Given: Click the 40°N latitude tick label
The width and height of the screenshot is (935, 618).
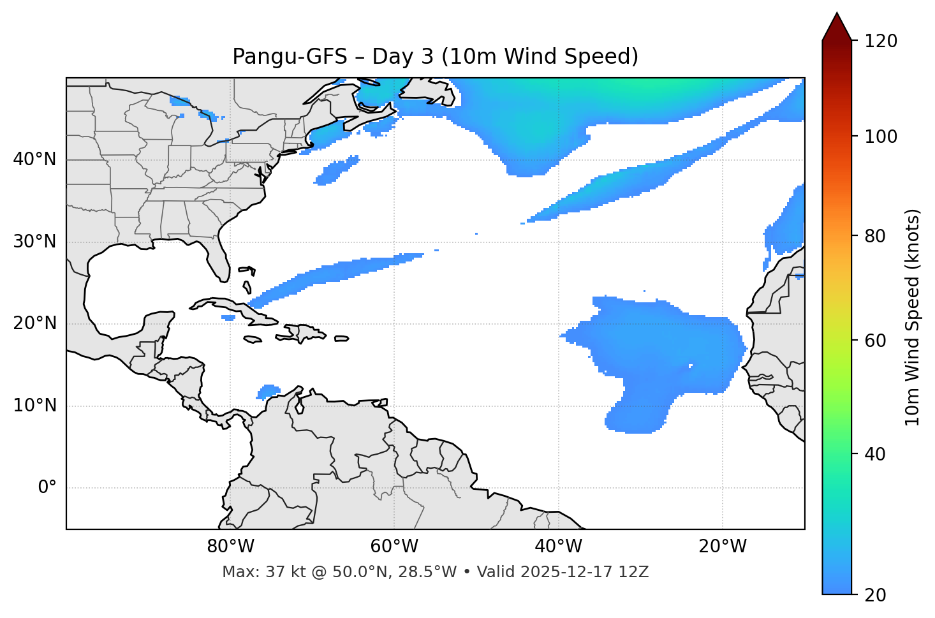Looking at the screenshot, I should click(34, 159).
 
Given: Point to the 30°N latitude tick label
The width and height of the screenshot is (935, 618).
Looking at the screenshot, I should click(34, 242).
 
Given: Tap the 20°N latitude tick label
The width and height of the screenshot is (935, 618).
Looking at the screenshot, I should click(34, 323).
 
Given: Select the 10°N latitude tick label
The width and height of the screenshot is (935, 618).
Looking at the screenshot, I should click(34, 406).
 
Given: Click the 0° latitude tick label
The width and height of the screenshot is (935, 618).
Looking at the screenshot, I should click(47, 488).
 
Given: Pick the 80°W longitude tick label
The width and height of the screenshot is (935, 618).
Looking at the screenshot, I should click(230, 547).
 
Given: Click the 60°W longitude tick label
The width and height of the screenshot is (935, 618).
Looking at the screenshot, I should click(394, 547).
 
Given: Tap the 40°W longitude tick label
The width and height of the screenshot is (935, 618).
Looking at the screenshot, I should click(558, 547).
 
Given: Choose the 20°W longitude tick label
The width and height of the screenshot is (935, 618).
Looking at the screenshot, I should click(722, 547).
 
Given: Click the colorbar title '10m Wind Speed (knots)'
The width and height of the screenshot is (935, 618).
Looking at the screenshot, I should click(913, 317).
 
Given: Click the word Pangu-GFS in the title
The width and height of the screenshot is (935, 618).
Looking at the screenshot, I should click(290, 57).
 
